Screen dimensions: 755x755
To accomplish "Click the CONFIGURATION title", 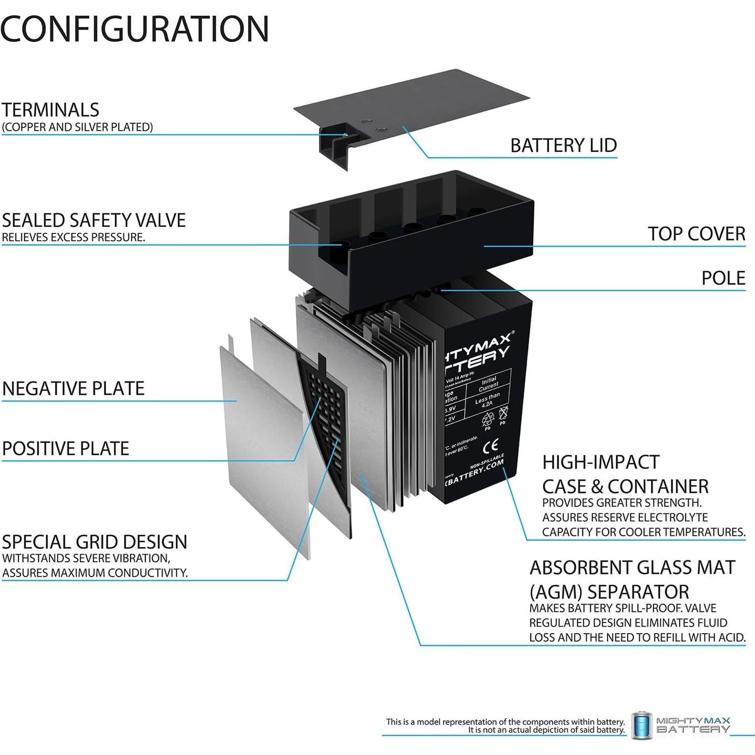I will pos(135,29).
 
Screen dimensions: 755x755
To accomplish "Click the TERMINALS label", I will pos(50,110).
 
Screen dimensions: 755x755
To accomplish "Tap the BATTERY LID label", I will pos(563,146).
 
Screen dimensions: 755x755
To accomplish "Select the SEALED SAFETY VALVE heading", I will pos(94,220).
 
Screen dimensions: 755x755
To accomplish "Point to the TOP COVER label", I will pos(696,234).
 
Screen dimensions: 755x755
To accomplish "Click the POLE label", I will pos(723,278).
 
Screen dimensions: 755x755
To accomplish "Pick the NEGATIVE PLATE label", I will pos(73,388).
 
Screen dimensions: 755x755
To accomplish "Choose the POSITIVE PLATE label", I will pos(66,449).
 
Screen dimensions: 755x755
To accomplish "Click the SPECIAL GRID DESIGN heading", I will pos(95,542).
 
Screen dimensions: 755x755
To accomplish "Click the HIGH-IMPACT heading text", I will pos(601,462).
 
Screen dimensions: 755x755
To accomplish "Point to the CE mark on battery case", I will pos(490,446).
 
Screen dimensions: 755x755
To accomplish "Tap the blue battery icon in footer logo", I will pos(641,724).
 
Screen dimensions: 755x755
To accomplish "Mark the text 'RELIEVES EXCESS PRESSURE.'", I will pos(73,238).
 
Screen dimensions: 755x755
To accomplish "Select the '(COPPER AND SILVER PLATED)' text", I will pos(77,127).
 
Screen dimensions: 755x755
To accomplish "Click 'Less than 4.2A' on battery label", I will pos(487,400).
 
